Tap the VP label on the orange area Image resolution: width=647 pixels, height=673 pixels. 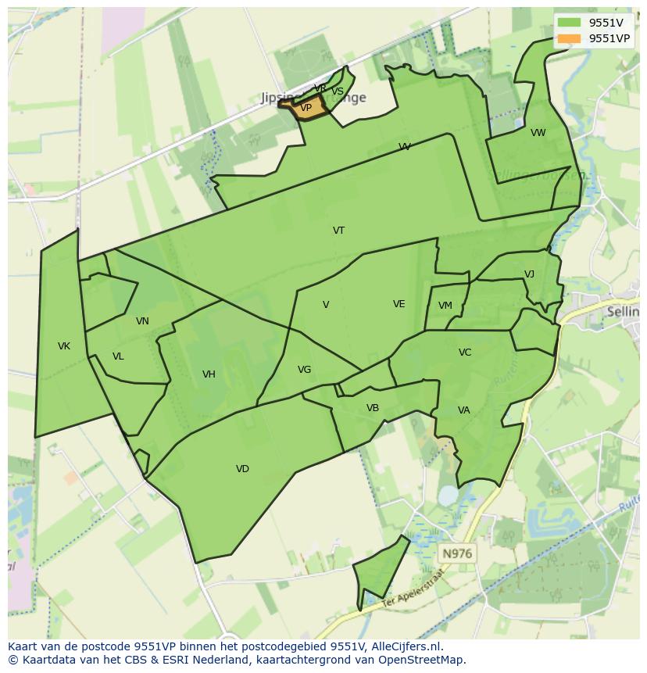tap(306, 108)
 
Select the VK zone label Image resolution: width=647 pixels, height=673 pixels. tap(64, 346)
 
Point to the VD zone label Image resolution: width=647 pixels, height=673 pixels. tap(242, 469)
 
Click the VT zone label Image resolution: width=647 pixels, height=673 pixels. tap(338, 231)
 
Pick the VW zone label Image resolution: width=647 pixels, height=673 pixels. tap(538, 133)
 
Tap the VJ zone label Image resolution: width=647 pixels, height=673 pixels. tap(529, 274)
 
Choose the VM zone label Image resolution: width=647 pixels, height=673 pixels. tap(445, 306)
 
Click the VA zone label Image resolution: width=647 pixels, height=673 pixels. tap(464, 410)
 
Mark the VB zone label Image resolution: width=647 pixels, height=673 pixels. tap(373, 408)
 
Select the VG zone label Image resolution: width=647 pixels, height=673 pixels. tap(304, 370)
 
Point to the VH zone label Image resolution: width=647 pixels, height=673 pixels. tap(209, 374)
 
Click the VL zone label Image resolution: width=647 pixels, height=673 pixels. tap(118, 356)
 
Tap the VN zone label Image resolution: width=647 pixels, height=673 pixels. tap(142, 321)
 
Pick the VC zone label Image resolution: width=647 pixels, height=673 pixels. tap(465, 353)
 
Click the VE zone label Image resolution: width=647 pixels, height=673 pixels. tap(399, 304)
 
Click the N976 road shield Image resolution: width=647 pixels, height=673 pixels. tap(457, 553)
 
